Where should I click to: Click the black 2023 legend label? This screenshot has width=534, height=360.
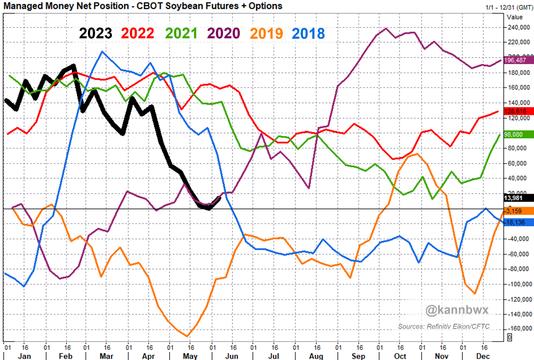coord(96,33)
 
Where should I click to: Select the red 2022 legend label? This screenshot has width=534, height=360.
coord(138,33)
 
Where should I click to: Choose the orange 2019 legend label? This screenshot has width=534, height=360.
coord(266,33)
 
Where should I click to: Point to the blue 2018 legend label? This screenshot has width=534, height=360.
coord(308,33)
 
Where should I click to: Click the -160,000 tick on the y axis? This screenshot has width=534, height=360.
coord(518,329)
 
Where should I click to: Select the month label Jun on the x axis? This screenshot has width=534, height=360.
coord(232,356)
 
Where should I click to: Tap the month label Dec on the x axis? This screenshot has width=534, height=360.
coord(483,356)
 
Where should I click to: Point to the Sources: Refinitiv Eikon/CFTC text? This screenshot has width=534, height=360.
coord(444,326)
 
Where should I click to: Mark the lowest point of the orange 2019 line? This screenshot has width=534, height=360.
coord(186,336)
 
